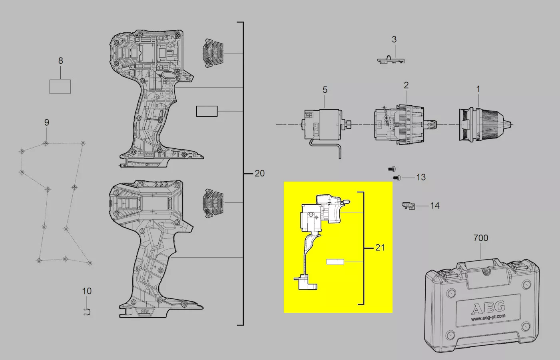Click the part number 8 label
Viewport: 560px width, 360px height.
click(x=61, y=61)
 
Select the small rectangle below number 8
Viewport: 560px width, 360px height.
click(x=60, y=86)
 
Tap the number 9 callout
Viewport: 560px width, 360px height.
click(x=47, y=122)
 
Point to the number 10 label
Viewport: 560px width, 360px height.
click(x=87, y=291)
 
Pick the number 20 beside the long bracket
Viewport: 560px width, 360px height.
click(x=259, y=173)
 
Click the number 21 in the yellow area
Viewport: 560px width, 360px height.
click(x=380, y=248)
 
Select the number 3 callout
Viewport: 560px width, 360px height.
click(x=394, y=39)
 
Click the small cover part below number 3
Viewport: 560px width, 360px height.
click(x=391, y=60)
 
